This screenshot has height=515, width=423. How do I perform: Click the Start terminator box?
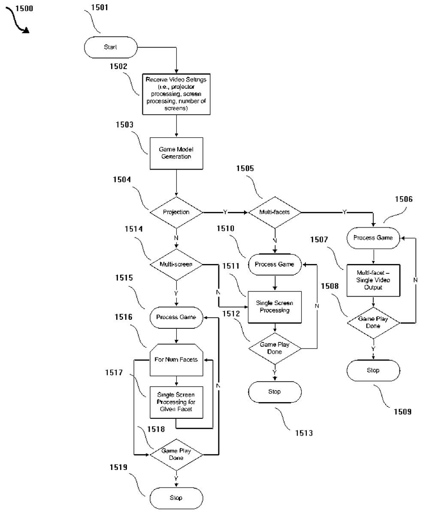coord(110,47)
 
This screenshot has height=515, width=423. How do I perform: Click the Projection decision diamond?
coord(176,212)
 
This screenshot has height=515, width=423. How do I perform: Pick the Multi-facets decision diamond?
coord(275,212)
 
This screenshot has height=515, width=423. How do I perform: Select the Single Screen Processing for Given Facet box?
coord(176,402)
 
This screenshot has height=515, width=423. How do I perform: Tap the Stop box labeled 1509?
coord(373,370)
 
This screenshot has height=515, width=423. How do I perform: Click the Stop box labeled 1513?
coord(275,391)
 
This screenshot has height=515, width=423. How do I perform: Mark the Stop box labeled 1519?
coord(176,498)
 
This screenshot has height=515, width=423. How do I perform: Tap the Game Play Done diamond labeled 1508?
coord(373,322)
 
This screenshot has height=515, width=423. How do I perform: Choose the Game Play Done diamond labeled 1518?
coord(176,454)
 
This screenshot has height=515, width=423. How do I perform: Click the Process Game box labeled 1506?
coord(373,237)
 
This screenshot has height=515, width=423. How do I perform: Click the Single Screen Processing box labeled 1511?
coord(275,307)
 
